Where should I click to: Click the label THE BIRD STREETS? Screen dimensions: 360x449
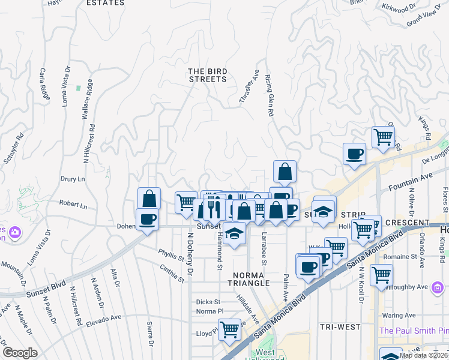(208, 75)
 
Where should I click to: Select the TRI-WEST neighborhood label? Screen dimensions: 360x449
(340, 327)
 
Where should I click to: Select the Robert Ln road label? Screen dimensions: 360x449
(73, 205)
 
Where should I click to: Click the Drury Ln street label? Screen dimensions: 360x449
(73, 179)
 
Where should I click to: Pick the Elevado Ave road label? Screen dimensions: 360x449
(106, 317)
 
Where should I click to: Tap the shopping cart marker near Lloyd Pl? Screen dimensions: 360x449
(229, 328)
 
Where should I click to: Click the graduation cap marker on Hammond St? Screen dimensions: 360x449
(235, 233)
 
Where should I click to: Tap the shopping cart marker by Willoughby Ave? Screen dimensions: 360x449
(382, 275)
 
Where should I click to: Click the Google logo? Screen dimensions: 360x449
(20, 353)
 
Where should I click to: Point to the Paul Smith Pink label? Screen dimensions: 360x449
(414, 331)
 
